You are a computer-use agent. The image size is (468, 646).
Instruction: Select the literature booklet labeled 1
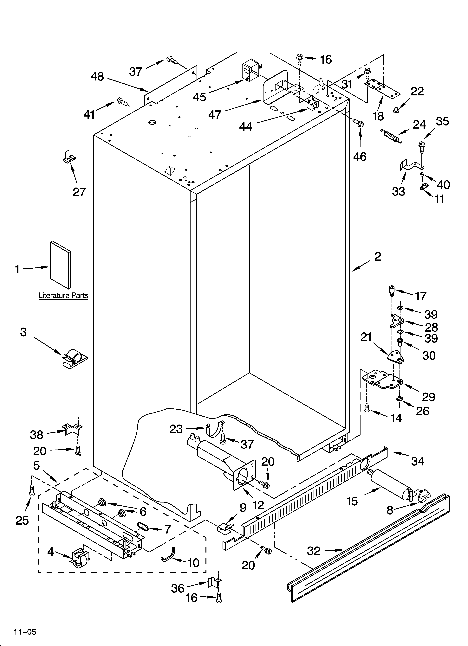click(60, 264)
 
